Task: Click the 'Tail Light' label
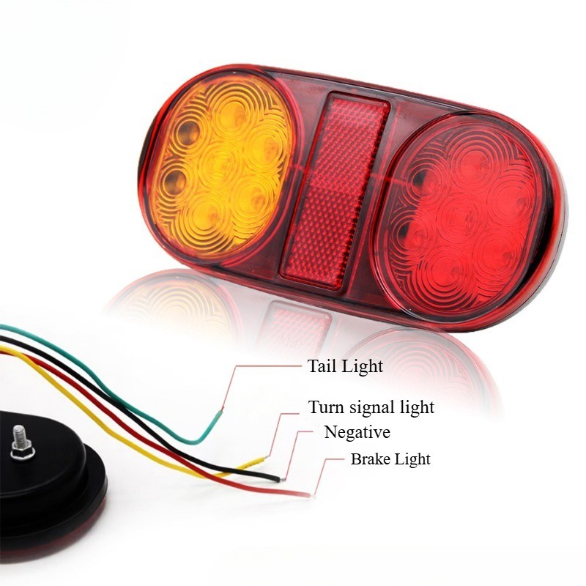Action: tap(345, 366)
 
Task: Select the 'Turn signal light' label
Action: tap(371, 407)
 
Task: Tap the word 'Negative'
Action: tap(357, 432)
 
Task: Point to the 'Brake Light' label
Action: tap(390, 459)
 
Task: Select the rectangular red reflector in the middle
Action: tap(335, 190)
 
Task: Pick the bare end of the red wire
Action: tap(305, 494)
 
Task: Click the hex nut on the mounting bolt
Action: tap(23, 452)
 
